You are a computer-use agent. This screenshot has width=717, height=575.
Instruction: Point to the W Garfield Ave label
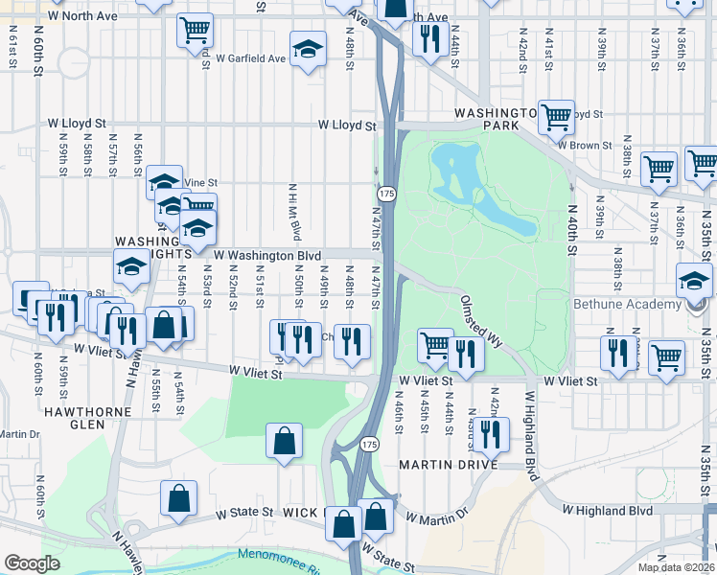click(251, 57)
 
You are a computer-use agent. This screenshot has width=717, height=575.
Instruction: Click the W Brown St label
click(584, 146)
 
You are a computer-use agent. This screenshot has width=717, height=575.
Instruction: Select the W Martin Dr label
click(436, 517)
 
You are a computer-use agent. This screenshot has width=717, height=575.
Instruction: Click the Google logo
click(32, 563)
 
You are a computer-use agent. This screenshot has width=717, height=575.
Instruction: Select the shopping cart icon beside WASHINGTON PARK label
click(556, 116)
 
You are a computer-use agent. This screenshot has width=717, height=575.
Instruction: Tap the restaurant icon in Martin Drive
click(491, 433)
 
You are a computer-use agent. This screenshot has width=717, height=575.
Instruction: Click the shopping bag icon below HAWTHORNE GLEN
click(178, 497)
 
